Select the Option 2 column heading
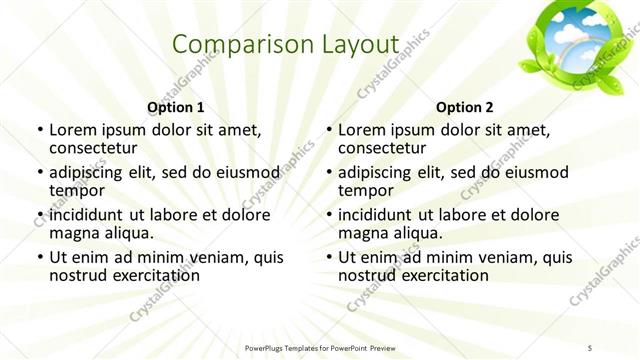tap(464, 107)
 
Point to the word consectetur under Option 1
tap(93, 148)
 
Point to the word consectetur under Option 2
tap(382, 148)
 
